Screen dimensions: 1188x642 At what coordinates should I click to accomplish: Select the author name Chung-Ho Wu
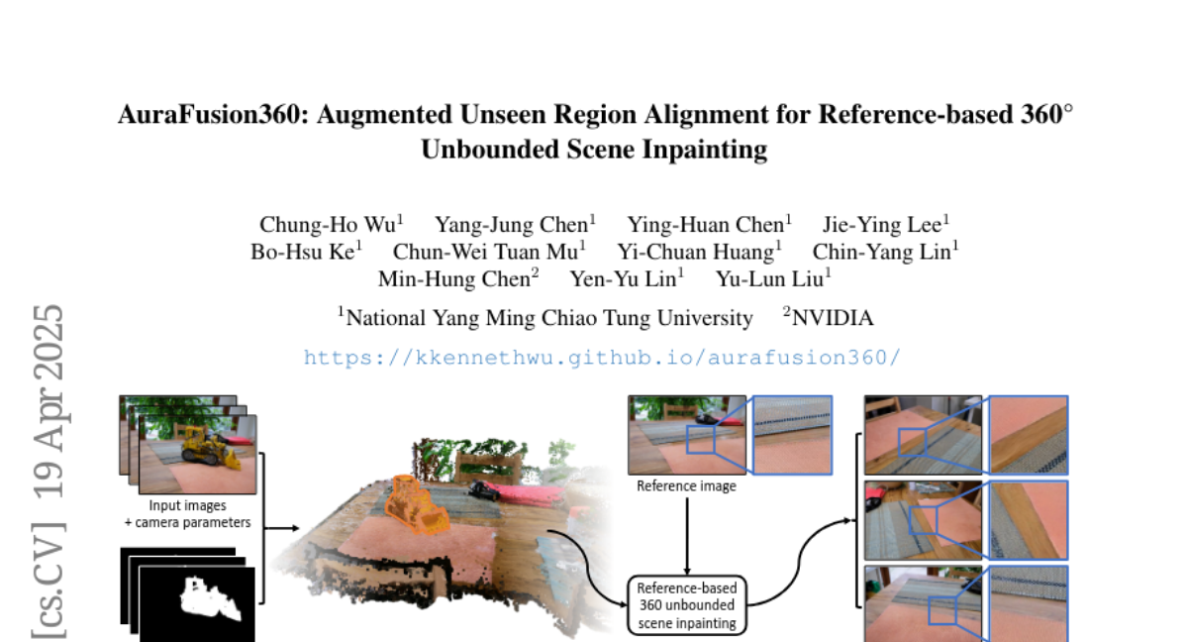tap(328, 225)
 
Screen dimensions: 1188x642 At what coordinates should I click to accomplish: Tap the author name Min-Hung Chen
tap(454, 279)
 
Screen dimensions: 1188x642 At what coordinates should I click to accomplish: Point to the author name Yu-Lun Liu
tap(769, 279)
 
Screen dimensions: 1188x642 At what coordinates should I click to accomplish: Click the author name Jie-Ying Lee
tap(882, 225)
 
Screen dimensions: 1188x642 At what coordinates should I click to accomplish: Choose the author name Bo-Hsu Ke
tap(302, 252)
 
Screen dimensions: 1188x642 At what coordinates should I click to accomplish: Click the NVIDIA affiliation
tap(833, 318)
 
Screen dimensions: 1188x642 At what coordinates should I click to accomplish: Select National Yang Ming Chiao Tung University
tap(549, 318)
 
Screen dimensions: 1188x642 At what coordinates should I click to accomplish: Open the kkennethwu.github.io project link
tap(603, 358)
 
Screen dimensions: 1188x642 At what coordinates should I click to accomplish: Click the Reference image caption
tap(686, 486)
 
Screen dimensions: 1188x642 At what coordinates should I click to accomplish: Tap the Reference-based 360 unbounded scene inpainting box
tap(687, 605)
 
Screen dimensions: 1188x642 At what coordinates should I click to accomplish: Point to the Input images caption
tap(187, 505)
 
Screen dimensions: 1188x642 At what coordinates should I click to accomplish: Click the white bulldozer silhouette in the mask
tap(211, 599)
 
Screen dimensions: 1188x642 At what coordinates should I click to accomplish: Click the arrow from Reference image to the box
tap(687, 536)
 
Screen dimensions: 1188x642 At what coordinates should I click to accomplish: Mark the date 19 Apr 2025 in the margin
tap(49, 401)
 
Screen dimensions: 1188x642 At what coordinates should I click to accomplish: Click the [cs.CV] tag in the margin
tap(49, 580)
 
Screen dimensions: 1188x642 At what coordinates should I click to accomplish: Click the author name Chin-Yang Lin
tap(881, 252)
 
